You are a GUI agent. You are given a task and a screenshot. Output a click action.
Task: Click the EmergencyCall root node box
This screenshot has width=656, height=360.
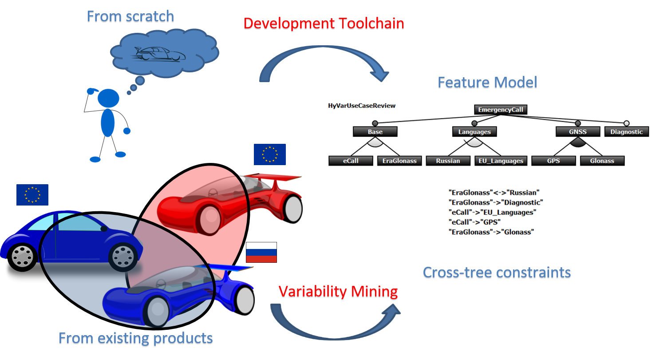pos(500,109)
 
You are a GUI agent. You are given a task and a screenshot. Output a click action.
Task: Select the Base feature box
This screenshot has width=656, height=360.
pos(375,132)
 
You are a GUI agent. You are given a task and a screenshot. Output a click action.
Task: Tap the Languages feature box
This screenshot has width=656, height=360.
pos(474,132)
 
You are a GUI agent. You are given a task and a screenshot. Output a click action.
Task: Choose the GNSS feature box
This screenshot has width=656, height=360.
pos(577,132)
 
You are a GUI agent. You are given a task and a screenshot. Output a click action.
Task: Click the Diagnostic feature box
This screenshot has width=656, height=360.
pos(626,132)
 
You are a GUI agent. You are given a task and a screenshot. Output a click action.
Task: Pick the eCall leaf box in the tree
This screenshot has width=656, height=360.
pos(351,161)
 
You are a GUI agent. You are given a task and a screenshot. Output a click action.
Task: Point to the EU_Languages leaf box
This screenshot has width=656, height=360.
pos(500,161)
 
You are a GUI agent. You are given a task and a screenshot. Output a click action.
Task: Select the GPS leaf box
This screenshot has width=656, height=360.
pos(553,161)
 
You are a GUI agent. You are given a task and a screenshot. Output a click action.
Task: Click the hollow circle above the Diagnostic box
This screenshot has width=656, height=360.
pos(627,123)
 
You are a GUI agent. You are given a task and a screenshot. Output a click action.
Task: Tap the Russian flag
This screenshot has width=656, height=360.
pos(261,252)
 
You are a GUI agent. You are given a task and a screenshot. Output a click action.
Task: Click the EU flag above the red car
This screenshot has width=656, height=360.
pos(269,154)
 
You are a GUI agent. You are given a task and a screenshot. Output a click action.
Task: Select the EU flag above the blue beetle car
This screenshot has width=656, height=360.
pos(32,195)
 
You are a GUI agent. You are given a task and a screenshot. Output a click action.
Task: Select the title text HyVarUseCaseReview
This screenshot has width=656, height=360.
pos(362,106)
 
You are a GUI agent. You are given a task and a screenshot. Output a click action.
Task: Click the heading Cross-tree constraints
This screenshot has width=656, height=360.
pos(497,273)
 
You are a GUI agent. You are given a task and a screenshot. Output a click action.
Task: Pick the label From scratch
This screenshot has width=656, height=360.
pos(130,17)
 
